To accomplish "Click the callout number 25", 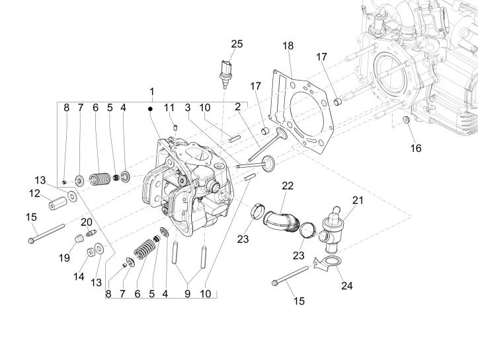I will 237,44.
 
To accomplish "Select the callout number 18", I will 288,46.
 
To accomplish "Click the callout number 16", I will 415,148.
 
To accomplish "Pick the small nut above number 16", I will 406,120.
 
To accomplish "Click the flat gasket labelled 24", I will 325,264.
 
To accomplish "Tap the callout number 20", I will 87,221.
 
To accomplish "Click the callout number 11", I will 169,107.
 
